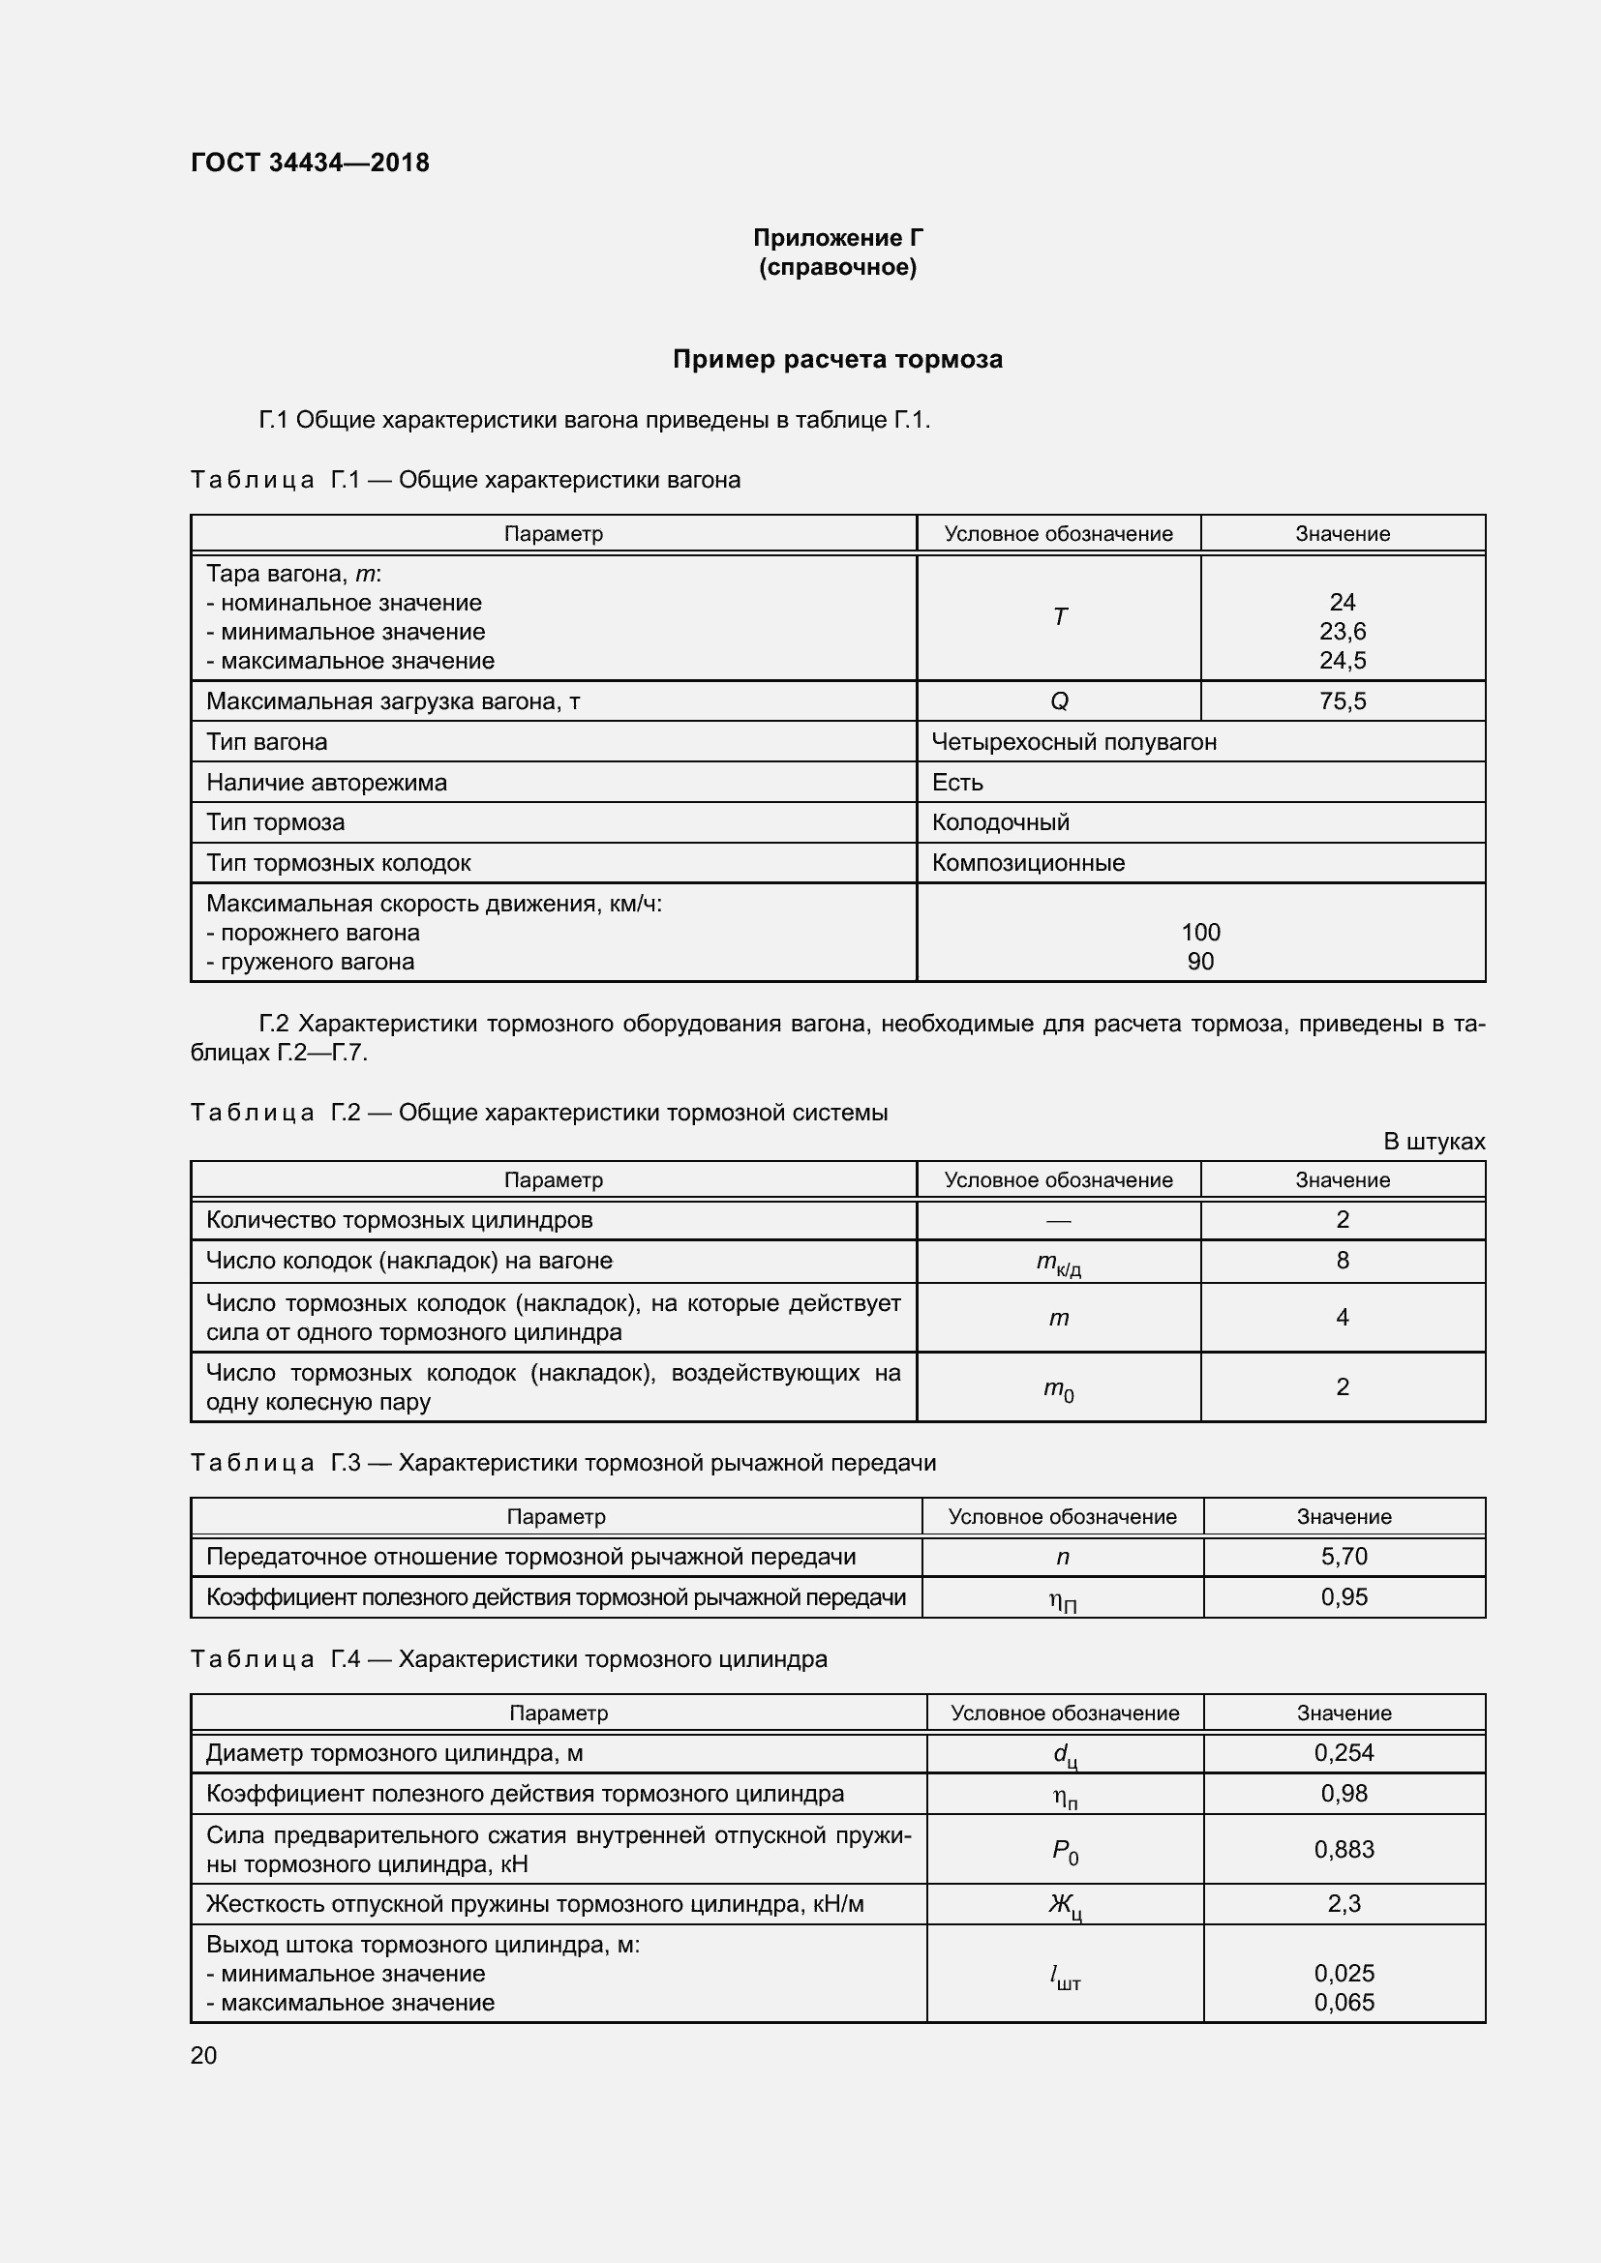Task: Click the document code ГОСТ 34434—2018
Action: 310,163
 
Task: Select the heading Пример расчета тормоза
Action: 837,360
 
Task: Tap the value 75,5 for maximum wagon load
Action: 1342,701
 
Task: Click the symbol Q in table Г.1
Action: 1059,701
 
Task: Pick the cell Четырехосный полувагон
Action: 1073,742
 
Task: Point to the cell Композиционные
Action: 1028,863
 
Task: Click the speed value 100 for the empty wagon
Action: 1199,933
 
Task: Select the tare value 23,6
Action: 1342,632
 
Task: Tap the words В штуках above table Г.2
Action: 1434,1142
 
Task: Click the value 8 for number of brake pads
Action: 1342,1261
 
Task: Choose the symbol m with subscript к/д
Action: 1059,1264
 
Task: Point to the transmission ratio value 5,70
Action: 1344,1557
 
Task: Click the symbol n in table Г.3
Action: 1062,1558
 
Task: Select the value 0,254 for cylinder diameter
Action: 1344,1752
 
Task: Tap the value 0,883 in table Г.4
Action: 1344,1849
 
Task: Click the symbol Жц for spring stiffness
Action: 1065,1905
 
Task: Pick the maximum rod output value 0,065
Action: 1344,2002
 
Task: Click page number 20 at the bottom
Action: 203,2055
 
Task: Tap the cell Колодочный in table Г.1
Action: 1001,823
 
